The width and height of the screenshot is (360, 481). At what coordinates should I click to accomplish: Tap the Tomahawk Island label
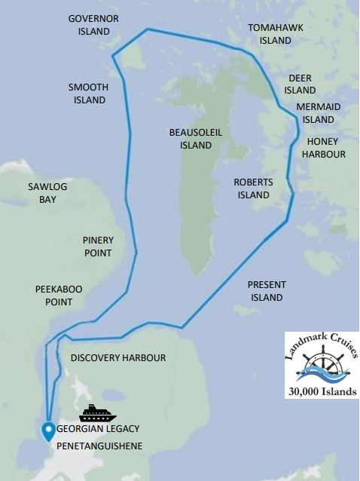[276, 34]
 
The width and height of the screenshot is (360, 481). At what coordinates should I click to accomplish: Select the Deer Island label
[300, 84]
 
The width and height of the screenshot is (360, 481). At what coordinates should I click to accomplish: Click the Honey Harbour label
[324, 148]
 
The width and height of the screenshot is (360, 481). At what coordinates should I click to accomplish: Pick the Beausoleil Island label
[196, 138]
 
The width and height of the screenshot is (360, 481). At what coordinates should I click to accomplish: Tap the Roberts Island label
[253, 188]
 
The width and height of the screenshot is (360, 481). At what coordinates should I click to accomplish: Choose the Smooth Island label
[89, 93]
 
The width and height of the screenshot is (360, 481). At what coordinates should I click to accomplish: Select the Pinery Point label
[97, 247]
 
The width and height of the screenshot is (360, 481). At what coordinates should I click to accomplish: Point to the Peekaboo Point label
[54, 296]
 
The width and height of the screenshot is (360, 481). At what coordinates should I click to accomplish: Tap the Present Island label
[267, 291]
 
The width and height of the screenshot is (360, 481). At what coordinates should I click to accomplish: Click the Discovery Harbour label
[118, 357]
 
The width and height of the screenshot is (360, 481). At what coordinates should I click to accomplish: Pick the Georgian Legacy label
[98, 428]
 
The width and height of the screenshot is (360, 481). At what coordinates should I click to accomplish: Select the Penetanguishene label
[99, 446]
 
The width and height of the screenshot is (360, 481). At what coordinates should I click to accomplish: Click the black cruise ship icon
[97, 412]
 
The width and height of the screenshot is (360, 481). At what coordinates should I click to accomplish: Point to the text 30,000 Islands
[322, 391]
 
